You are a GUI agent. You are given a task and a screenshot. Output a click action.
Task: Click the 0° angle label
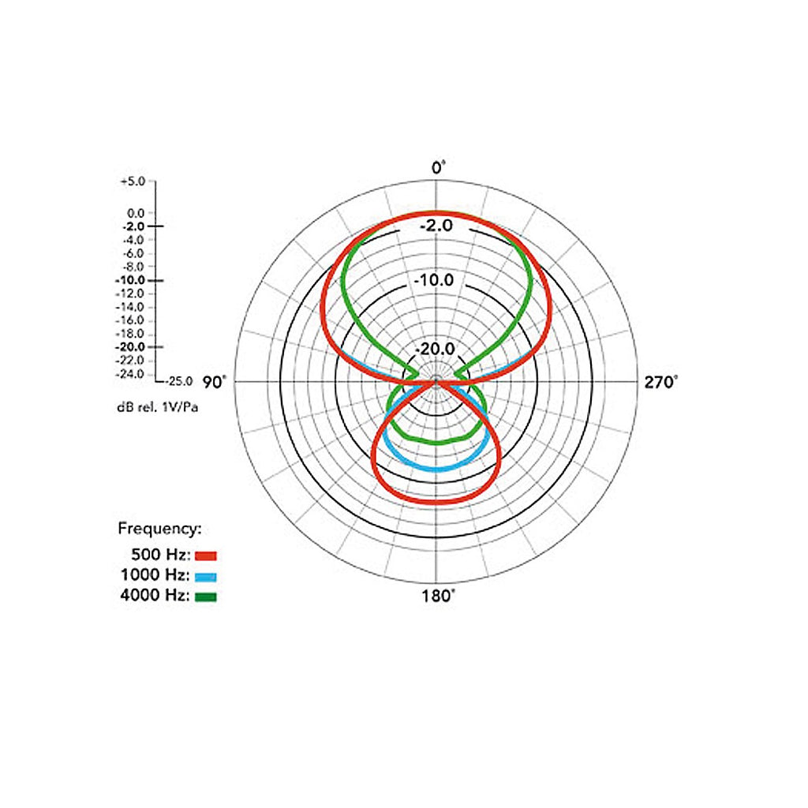coord(438,168)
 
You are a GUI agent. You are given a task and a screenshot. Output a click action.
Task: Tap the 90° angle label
coord(214,383)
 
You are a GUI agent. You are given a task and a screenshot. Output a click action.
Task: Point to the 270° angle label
coord(661,383)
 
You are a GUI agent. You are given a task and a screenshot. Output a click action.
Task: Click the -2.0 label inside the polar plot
coord(436,226)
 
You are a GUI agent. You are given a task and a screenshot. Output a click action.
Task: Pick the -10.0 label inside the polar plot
coord(435,280)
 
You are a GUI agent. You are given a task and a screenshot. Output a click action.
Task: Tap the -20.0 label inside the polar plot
coord(435,349)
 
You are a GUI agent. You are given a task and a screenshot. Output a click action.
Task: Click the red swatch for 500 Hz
coord(206,555)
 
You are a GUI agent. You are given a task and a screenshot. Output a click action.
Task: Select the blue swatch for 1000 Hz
coord(206,577)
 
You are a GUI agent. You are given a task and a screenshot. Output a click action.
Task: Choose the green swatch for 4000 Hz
coord(206,597)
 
